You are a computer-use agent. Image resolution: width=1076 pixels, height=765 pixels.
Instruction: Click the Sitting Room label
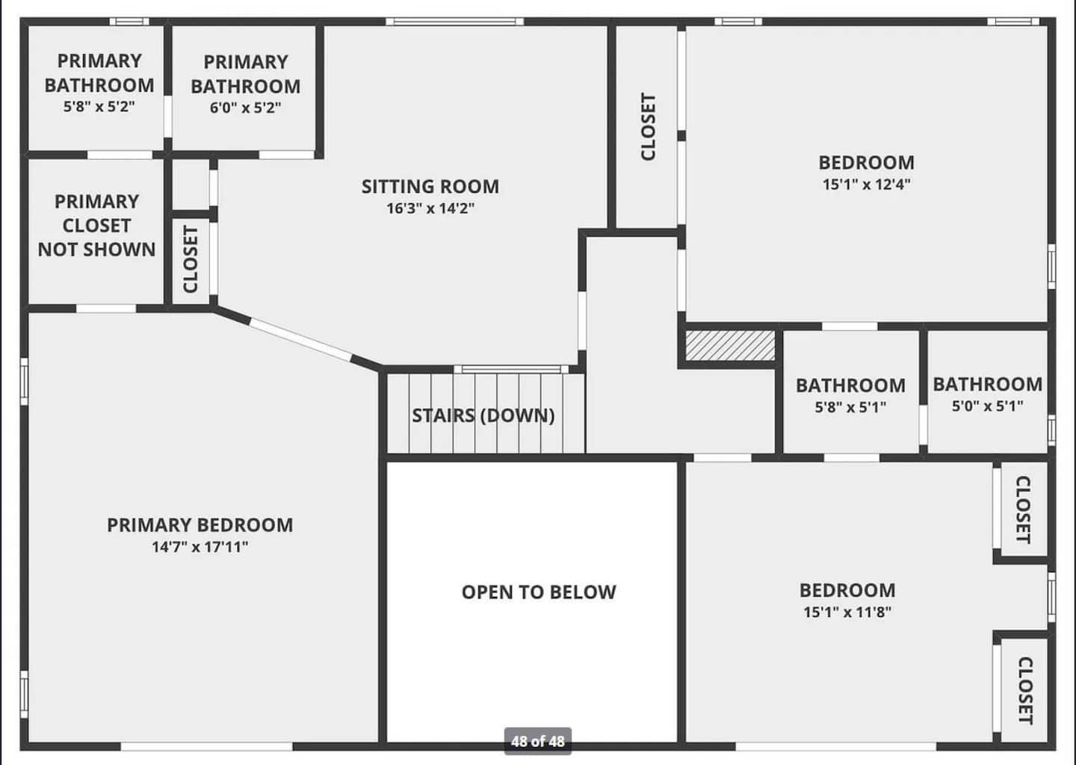pyautogui.click(x=430, y=186)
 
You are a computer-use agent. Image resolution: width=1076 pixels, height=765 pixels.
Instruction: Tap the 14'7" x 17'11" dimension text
pyautogui.click(x=200, y=547)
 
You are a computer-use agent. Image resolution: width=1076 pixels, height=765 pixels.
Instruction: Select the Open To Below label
pyautogui.click(x=539, y=592)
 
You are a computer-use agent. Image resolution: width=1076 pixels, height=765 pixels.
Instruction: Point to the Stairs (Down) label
pyautogui.click(x=483, y=415)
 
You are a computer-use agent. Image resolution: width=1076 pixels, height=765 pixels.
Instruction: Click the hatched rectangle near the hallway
pyautogui.click(x=729, y=345)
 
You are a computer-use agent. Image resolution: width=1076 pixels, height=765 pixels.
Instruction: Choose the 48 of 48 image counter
pyautogui.click(x=537, y=742)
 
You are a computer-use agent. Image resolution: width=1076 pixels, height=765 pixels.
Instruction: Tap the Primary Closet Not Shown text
pyautogui.click(x=96, y=225)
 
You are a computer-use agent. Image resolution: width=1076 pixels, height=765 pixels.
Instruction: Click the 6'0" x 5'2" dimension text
pyautogui.click(x=245, y=108)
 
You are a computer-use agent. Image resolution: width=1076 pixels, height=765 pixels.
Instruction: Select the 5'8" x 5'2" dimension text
pyautogui.click(x=99, y=106)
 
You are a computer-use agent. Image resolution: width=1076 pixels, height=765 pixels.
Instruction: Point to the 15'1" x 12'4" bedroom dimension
pyautogui.click(x=866, y=185)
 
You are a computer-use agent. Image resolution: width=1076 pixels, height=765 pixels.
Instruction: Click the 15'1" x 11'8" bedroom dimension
pyautogui.click(x=847, y=613)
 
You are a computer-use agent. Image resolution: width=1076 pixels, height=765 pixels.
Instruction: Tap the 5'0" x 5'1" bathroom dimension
pyautogui.click(x=988, y=406)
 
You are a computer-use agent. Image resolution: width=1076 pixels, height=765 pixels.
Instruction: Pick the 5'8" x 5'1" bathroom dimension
pyautogui.click(x=850, y=408)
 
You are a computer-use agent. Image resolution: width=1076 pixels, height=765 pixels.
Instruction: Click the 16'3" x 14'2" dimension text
pyautogui.click(x=430, y=208)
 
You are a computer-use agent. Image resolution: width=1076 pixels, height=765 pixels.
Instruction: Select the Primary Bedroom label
pyautogui.click(x=200, y=525)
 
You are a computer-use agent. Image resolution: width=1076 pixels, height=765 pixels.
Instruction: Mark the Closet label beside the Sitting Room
pyautogui.click(x=191, y=259)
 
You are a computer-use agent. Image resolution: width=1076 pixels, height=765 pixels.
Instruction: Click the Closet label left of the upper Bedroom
pyautogui.click(x=648, y=126)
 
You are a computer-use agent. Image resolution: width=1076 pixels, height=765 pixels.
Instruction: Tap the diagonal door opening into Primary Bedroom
pyautogui.click(x=301, y=340)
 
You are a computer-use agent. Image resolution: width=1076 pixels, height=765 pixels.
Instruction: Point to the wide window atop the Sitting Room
pyautogui.click(x=454, y=22)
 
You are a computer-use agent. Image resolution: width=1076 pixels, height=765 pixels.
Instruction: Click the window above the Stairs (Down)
pyautogui.click(x=511, y=369)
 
